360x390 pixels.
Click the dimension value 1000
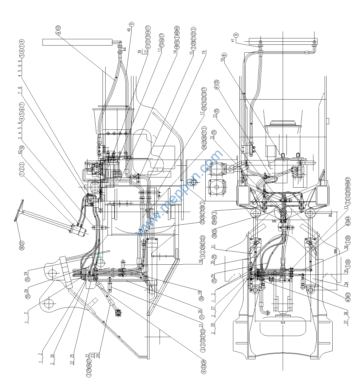(x=335, y=251)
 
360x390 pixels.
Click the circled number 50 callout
(x=22, y=147)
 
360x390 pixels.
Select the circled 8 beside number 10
(x=224, y=55)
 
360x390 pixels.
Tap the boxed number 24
(x=98, y=356)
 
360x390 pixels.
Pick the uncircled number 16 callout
(x=204, y=52)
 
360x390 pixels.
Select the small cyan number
(x=100, y=256)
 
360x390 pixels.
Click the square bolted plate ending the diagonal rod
(x=118, y=313)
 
